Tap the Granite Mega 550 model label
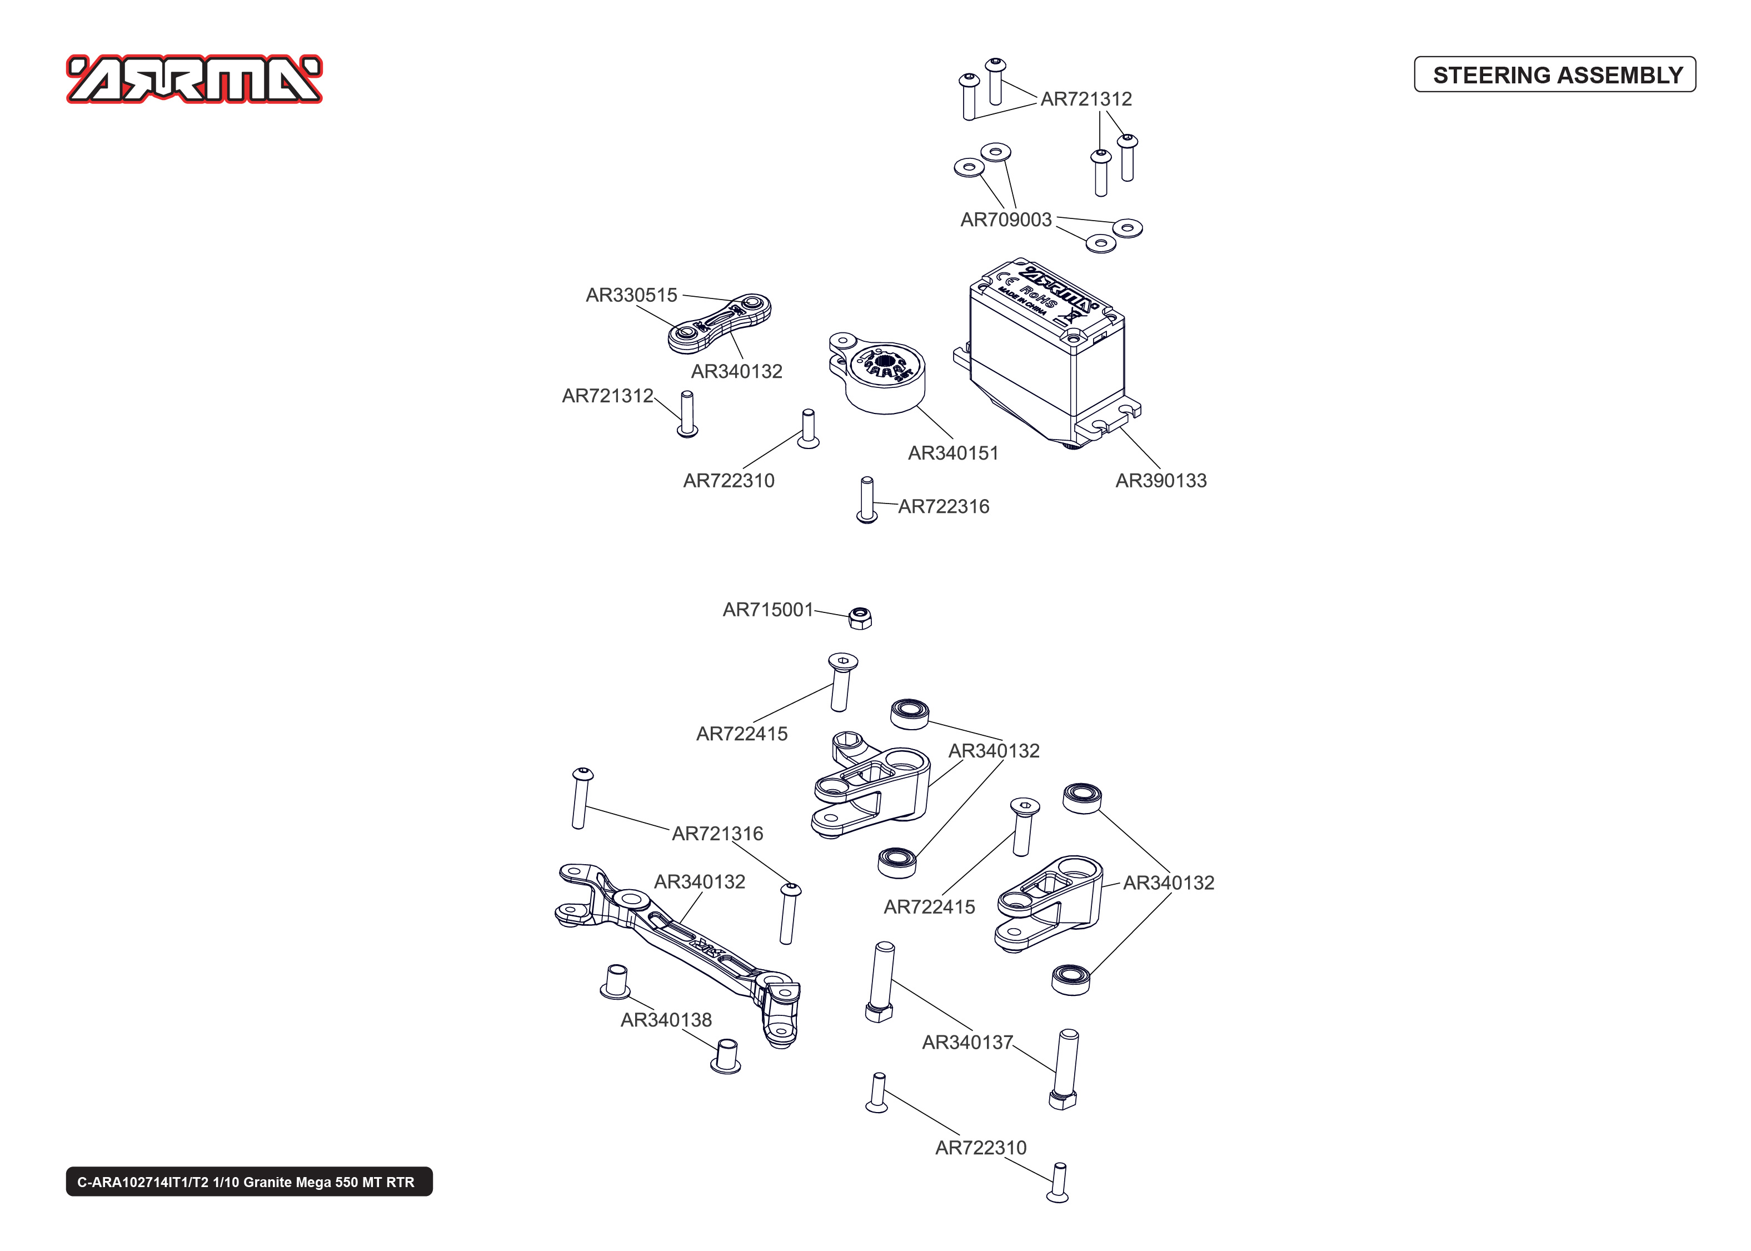coord(249,1182)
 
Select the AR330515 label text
coord(631,295)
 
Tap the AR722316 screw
coord(866,499)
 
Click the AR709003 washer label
coord(1006,220)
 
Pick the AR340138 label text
coord(666,1020)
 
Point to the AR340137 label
coord(967,1042)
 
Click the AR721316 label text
coord(717,834)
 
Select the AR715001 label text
coord(768,610)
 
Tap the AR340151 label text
coord(952,453)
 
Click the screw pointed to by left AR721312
coord(687,413)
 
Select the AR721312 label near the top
coord(1086,99)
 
